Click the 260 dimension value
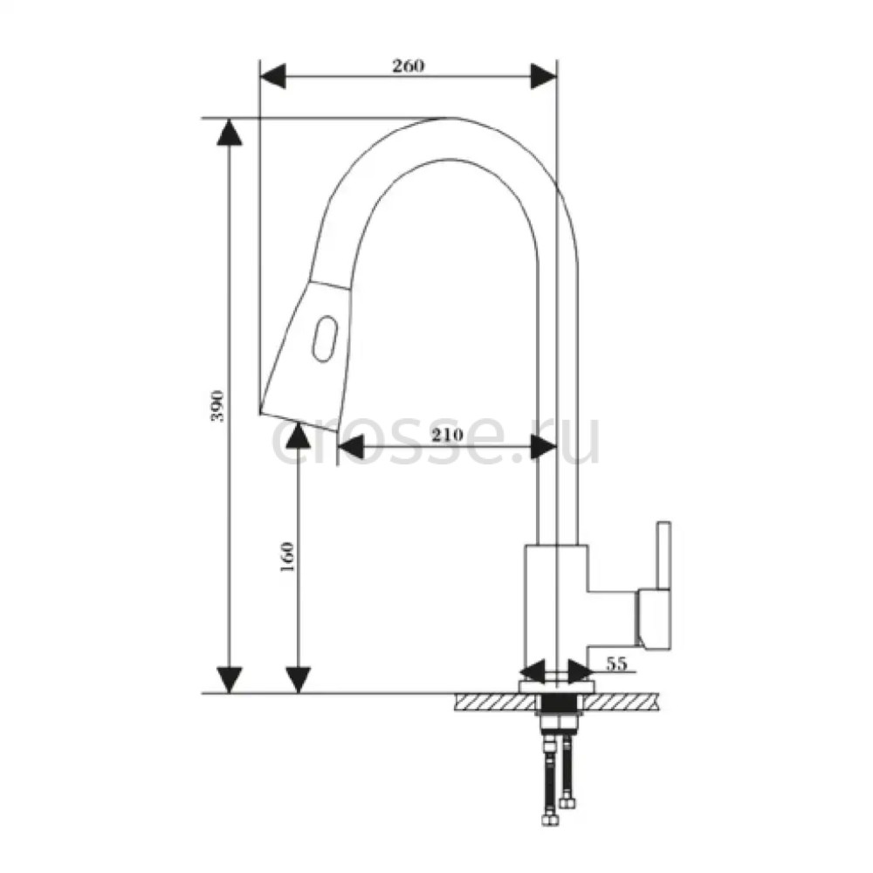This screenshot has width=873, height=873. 408,65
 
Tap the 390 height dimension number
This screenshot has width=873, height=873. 217,406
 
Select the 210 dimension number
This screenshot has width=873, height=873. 447,434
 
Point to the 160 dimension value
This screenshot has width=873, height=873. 286,557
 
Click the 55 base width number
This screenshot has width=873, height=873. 616,663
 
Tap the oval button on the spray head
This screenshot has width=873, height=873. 325,339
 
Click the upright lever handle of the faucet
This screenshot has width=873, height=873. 663,555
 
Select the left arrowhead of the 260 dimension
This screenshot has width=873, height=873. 272,76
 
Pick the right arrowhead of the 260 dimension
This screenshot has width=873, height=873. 543,76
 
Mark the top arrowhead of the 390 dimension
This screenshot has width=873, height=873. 230,132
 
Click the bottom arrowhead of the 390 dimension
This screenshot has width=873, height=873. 230,680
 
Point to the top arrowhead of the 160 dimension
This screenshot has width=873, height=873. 299,435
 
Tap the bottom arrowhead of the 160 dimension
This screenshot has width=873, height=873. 299,680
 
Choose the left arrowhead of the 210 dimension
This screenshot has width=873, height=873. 351,446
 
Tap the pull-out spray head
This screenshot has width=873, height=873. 305,356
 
